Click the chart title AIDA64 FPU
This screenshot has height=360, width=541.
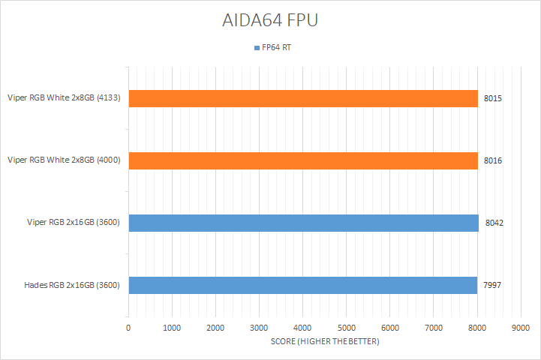pyautogui.click(x=270, y=20)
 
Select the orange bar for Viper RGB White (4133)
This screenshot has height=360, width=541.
pyautogui.click(x=303, y=98)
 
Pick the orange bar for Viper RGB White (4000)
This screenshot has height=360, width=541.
pyautogui.click(x=303, y=160)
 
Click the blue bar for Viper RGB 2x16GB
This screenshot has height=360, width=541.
pyautogui.click(x=303, y=223)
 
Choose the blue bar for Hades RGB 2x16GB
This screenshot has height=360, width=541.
pyautogui.click(x=302, y=285)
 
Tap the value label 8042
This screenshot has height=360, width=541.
pyautogui.click(x=494, y=223)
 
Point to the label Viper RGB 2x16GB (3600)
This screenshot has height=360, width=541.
pyautogui.click(x=73, y=222)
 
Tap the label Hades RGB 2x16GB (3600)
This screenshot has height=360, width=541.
pyautogui.click(x=72, y=285)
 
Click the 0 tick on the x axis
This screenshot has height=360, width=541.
pyautogui.click(x=128, y=328)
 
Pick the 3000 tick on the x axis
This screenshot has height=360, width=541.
pyautogui.click(x=259, y=328)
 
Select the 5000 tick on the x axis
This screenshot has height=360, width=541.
pyautogui.click(x=347, y=328)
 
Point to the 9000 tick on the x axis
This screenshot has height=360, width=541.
pyautogui.click(x=521, y=328)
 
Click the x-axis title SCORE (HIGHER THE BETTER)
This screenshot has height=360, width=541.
pyautogui.click(x=325, y=342)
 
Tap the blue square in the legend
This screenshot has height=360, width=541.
pyautogui.click(x=257, y=47)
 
